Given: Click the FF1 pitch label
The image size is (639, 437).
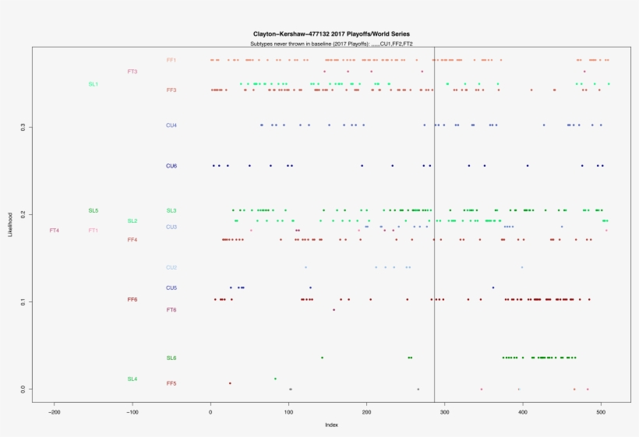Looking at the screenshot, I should click(171, 60).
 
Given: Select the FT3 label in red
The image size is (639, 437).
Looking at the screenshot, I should click(132, 72).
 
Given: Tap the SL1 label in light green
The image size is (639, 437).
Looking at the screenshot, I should click(94, 84).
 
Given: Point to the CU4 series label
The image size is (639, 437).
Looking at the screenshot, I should click(171, 125).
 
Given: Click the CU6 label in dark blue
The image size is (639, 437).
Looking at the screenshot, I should click(171, 166).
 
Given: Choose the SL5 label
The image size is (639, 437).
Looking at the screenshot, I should click(94, 211).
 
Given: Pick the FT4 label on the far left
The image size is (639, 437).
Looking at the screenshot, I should click(54, 231).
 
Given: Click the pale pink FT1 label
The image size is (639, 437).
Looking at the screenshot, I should click(94, 231).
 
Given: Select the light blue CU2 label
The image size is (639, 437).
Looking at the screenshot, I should click(171, 268).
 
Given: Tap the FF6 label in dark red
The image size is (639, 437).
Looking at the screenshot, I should click(132, 299).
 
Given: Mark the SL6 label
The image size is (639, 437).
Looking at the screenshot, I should click(171, 358).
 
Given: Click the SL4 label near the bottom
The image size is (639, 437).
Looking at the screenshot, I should click(132, 379).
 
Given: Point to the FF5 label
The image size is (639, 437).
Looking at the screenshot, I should click(171, 383).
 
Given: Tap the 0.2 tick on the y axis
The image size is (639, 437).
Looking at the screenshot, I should click(23, 214).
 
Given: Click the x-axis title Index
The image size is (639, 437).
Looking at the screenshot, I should click(331, 425).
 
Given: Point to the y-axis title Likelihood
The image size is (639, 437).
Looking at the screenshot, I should click(9, 224).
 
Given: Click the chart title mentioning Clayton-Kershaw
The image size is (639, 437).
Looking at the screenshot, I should click(331, 34).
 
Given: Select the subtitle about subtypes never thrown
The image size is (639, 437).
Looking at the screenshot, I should click(326, 44).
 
